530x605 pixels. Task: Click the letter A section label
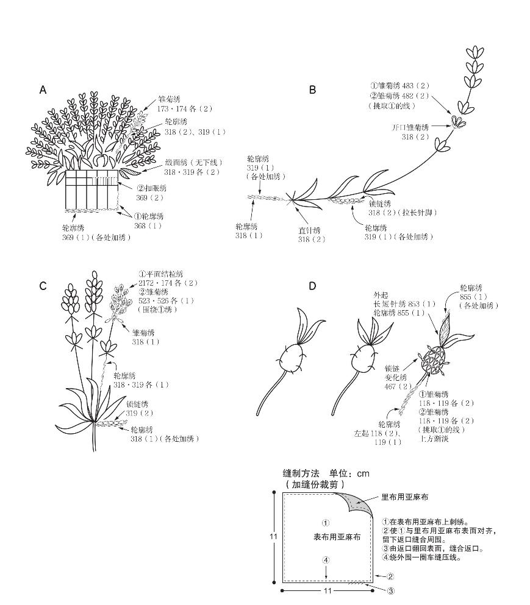point(43,90)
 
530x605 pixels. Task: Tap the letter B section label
point(312,90)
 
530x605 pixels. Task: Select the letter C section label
point(43,286)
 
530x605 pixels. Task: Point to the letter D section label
point(312,286)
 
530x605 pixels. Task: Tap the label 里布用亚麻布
point(404,497)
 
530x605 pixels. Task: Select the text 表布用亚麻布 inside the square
point(337,537)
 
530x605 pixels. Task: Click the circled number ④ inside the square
point(326,560)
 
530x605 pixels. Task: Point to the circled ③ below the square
point(390,590)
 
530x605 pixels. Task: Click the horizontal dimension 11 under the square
point(327,591)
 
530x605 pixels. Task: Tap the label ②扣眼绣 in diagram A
point(151,189)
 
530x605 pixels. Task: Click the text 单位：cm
point(349,473)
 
